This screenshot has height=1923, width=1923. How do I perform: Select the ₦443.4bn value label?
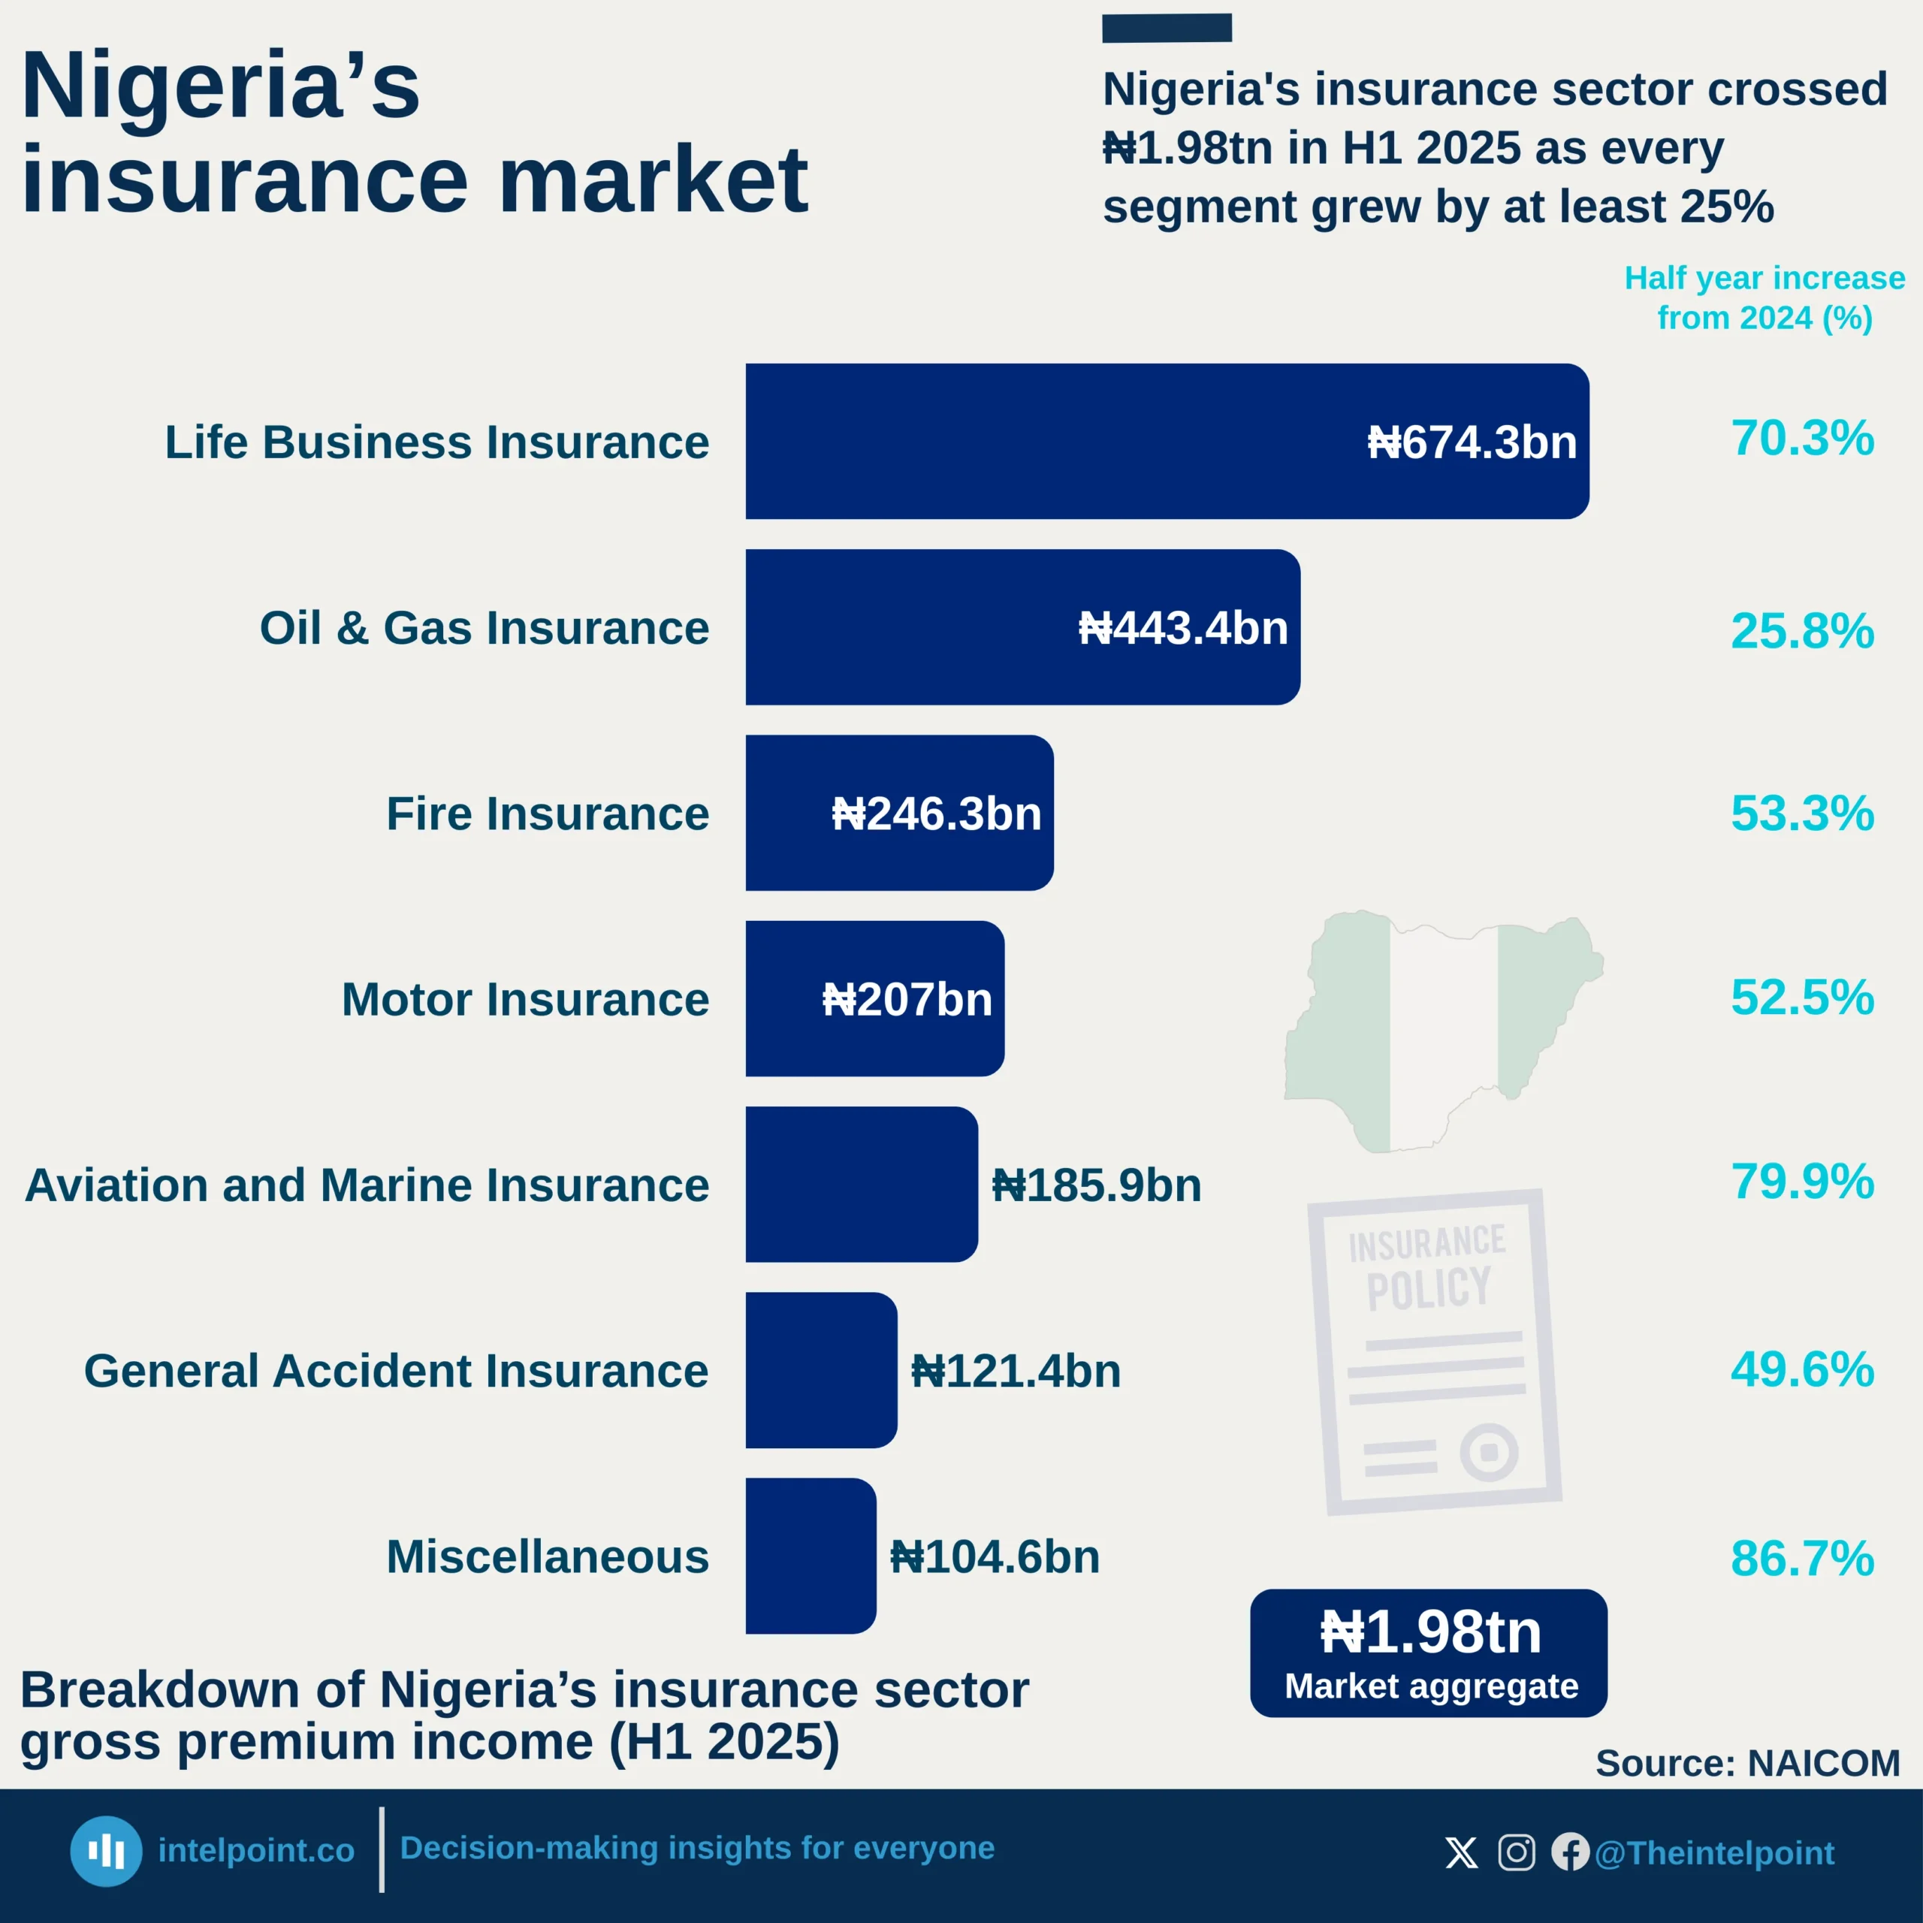point(1182,628)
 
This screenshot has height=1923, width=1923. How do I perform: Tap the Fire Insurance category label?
point(548,814)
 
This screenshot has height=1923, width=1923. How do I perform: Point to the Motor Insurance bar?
point(874,998)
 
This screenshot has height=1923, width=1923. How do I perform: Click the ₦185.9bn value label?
point(1096,1185)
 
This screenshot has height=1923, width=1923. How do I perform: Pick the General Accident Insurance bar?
point(820,1369)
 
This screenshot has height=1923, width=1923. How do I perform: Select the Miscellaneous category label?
point(548,1556)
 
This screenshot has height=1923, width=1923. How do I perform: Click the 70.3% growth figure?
point(1801,438)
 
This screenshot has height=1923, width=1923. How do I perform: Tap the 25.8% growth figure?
point(1801,631)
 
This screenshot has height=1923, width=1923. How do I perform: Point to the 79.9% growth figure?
point(1801,1182)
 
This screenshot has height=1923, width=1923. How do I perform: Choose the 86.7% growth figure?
point(1801,1559)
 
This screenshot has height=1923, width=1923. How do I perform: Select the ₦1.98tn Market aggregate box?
point(1428,1653)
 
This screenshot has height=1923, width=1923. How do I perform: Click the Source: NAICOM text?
point(1746,1763)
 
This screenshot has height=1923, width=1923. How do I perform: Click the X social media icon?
point(1461,1852)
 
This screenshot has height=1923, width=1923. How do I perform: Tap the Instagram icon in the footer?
point(1516,1852)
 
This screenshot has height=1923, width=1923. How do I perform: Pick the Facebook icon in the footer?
point(1570,1852)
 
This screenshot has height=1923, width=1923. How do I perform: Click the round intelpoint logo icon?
point(105,1852)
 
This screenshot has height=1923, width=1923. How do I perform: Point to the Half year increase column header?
point(1764,297)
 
